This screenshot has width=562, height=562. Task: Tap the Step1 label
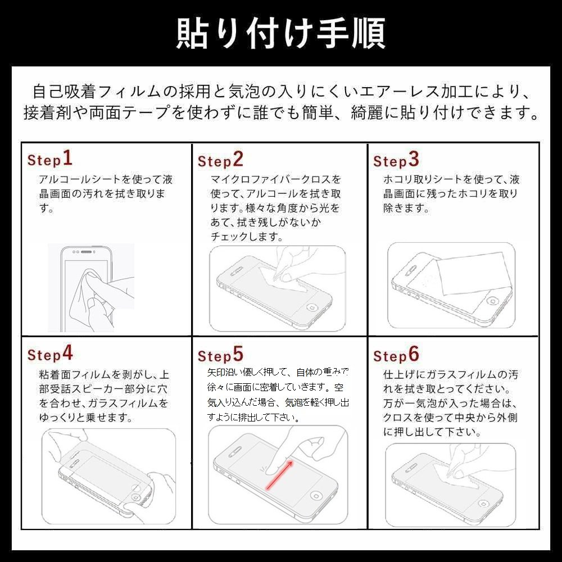[x=50, y=159]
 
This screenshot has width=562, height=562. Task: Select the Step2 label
[x=220, y=160]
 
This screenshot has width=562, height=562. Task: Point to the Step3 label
[x=396, y=160]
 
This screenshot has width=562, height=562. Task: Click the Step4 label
[x=50, y=353]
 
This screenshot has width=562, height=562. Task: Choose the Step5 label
[x=220, y=355]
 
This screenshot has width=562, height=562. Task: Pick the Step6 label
[x=396, y=355]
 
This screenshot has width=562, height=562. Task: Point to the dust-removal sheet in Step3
[x=473, y=273]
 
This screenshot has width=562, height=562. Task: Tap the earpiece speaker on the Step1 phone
[x=87, y=252]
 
